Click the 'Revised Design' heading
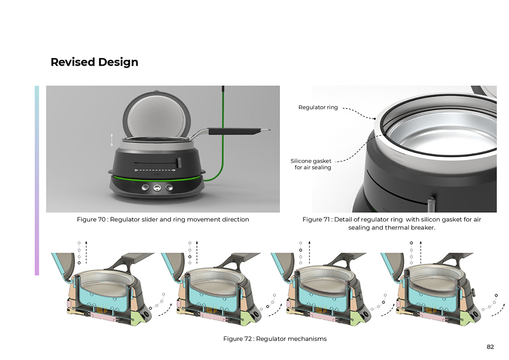pyautogui.click(x=94, y=62)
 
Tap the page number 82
pyautogui.click(x=490, y=347)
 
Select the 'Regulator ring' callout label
pyautogui.click(x=318, y=107)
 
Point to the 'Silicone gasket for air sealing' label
pyautogui.click(x=311, y=164)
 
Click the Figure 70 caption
pyautogui.click(x=163, y=219)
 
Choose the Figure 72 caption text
pyautogui.click(x=275, y=339)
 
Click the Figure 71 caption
pyautogui.click(x=392, y=224)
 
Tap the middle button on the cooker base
pyautogui.click(x=157, y=187)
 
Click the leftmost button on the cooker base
pyautogui.click(x=145, y=187)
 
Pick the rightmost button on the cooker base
pyautogui.click(x=169, y=187)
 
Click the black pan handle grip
pyautogui.click(x=234, y=131)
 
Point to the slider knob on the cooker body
pyautogui.click(x=179, y=162)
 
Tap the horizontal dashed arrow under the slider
pyautogui.click(x=155, y=170)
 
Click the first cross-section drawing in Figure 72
pyautogui.click(x=107, y=289)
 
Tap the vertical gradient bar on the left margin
pyautogui.click(x=37, y=180)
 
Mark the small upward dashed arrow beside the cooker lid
pyautogui.click(x=111, y=139)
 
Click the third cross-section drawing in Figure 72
pyautogui.click(x=327, y=289)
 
